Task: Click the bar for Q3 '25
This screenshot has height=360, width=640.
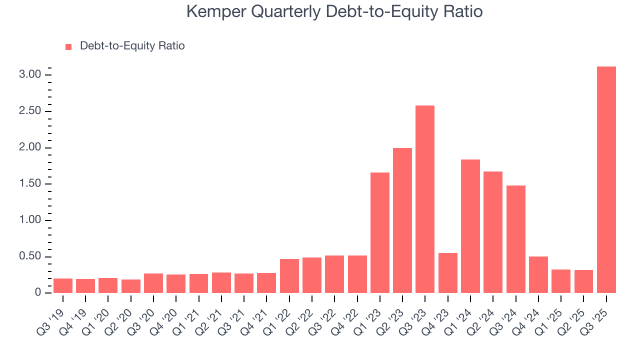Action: (606, 180)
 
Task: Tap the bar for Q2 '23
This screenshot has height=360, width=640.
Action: (402, 220)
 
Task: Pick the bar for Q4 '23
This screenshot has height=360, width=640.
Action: (447, 273)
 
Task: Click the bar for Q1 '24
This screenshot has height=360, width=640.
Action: (470, 226)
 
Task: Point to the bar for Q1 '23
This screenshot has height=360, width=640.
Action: (380, 232)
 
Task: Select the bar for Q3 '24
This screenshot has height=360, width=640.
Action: (515, 239)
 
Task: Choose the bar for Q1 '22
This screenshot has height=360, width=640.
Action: (289, 276)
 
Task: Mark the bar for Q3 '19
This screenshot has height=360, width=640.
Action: (63, 285)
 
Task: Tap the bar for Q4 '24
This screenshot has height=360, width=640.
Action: (538, 274)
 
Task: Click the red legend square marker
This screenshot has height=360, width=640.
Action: (68, 46)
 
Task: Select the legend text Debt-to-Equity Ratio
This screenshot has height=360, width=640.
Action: (132, 46)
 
